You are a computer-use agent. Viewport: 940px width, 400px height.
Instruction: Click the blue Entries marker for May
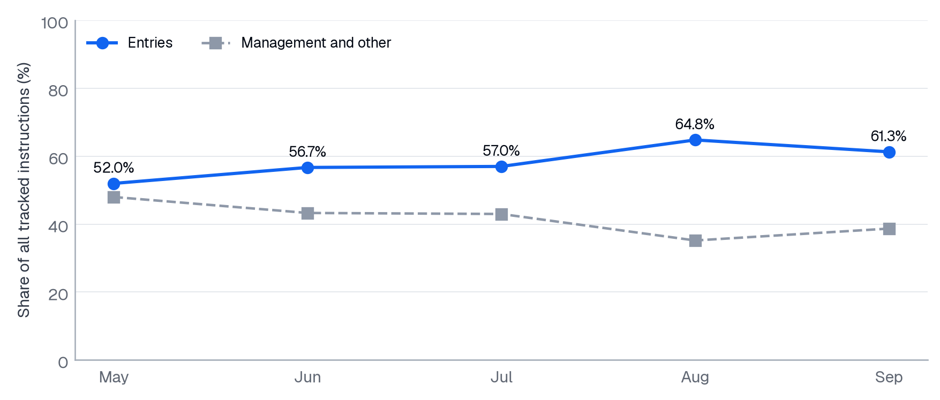click(x=114, y=184)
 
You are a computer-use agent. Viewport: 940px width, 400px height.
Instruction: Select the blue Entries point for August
click(x=695, y=140)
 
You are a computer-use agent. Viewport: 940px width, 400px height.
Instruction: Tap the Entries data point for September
click(x=889, y=153)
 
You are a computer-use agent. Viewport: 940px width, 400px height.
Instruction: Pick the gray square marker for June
click(x=307, y=213)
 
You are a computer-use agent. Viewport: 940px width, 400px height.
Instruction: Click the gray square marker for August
click(x=695, y=240)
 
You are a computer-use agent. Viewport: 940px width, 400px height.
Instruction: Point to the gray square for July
click(x=501, y=214)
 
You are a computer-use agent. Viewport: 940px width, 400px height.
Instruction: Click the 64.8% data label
click(x=695, y=124)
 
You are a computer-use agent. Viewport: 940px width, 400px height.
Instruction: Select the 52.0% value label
click(x=114, y=168)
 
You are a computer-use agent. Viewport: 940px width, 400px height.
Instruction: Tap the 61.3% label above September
click(x=889, y=137)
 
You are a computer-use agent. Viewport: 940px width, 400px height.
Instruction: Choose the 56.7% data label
click(x=307, y=152)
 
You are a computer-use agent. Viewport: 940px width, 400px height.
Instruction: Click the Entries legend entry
click(x=130, y=43)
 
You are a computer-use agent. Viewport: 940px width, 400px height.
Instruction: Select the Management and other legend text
click(x=316, y=43)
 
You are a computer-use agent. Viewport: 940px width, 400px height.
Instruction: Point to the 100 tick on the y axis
click(x=55, y=23)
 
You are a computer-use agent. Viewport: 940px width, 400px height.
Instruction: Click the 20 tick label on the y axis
click(x=58, y=295)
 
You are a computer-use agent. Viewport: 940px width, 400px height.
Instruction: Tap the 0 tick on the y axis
click(x=63, y=363)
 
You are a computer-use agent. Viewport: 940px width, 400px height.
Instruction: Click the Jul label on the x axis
click(x=501, y=378)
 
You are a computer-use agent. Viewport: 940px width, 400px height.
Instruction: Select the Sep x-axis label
click(x=889, y=378)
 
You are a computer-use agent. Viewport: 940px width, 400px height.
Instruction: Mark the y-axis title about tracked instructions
click(x=24, y=190)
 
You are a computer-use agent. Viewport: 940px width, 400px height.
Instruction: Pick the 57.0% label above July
click(x=501, y=151)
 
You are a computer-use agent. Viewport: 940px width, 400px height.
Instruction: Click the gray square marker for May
click(x=114, y=198)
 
